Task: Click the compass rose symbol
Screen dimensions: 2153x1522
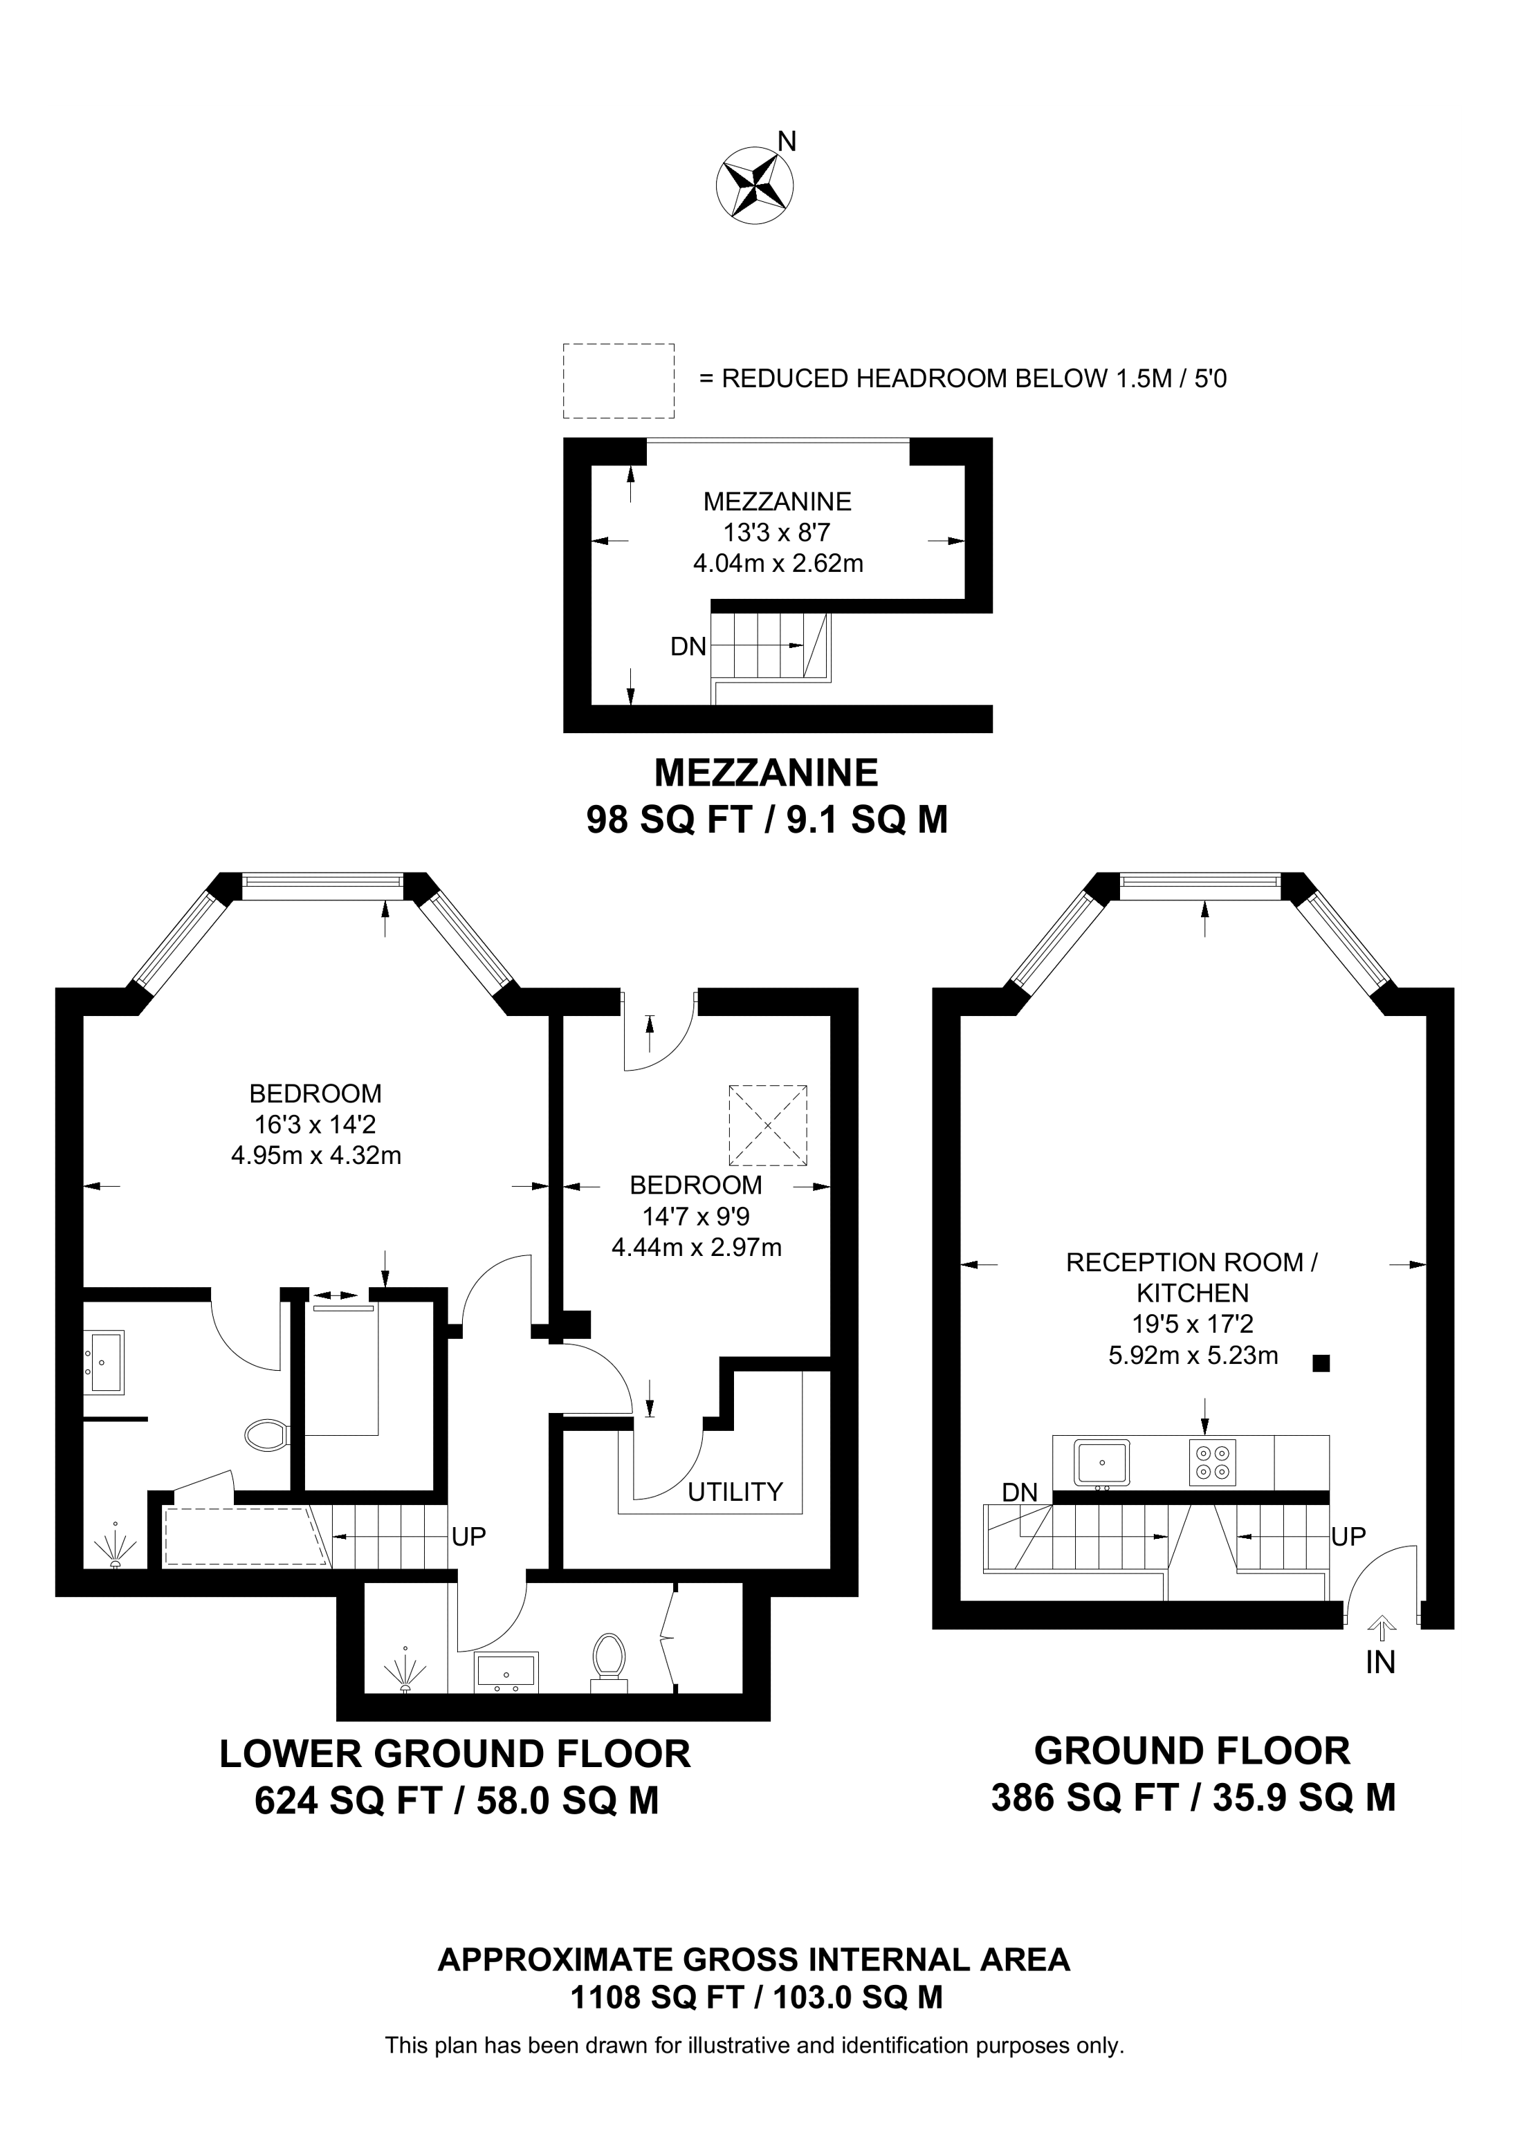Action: pos(754,185)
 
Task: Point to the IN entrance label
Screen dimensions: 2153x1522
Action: pos(1380,1663)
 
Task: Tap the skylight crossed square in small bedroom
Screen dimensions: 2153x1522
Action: pos(767,1125)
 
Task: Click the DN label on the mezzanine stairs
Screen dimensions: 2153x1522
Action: pos(688,647)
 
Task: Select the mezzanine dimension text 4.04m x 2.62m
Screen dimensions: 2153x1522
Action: pos(778,564)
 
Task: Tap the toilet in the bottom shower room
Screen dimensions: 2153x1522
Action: pos(609,1658)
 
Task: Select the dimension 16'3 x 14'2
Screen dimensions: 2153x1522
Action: pos(315,1125)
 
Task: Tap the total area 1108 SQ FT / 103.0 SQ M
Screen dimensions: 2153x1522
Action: pos(756,1997)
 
